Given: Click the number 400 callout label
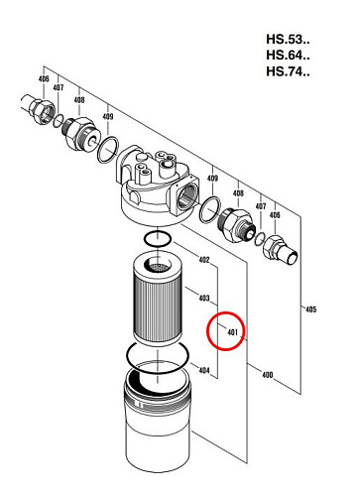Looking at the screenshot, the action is (267, 375).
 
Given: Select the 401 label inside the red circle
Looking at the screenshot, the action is (233, 331).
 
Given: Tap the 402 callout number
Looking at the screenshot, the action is (204, 260).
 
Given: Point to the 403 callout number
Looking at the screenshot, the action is (204, 298).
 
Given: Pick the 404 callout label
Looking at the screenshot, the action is (204, 370).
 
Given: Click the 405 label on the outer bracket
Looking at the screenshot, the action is (310, 310).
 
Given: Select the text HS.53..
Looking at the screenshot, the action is (288, 39).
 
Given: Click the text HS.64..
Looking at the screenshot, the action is (288, 55).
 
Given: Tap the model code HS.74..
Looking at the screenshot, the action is (288, 71).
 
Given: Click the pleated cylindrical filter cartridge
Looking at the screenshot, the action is (158, 301).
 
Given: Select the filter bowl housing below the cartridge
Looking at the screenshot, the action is (158, 420).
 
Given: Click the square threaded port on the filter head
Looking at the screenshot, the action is (185, 196).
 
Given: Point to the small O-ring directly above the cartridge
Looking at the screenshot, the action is (158, 239).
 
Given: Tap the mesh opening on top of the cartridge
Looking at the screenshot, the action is (158, 266).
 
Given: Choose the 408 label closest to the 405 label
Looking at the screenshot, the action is (238, 193).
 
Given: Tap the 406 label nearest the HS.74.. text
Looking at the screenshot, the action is (275, 215).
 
